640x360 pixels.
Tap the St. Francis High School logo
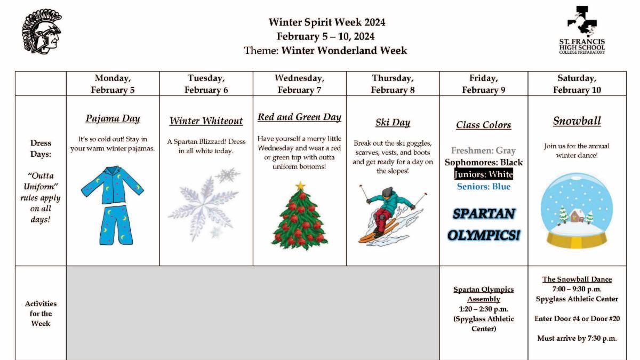pyautogui.click(x=581, y=29)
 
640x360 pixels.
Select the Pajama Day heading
pyautogui.click(x=113, y=118)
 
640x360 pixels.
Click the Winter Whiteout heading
pyautogui.click(x=206, y=121)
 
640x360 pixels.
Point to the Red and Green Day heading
pyautogui.click(x=299, y=117)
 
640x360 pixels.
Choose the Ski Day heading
pyautogui.click(x=393, y=123)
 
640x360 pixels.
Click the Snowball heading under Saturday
pyautogui.click(x=577, y=121)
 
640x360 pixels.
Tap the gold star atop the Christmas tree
pyautogui.click(x=300, y=186)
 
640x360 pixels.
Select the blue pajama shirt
pyautogui.click(x=113, y=184)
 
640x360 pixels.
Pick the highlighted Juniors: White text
pyautogui.click(x=484, y=174)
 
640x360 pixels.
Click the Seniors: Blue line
pyautogui.click(x=484, y=187)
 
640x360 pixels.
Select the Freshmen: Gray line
pyautogui.click(x=484, y=150)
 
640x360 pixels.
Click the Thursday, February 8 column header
pyautogui.click(x=393, y=84)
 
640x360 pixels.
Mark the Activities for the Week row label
pyautogui.click(x=41, y=313)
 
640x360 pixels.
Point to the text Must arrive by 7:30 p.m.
pyautogui.click(x=577, y=338)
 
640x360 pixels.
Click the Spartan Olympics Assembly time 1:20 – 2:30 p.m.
pyautogui.click(x=484, y=309)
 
